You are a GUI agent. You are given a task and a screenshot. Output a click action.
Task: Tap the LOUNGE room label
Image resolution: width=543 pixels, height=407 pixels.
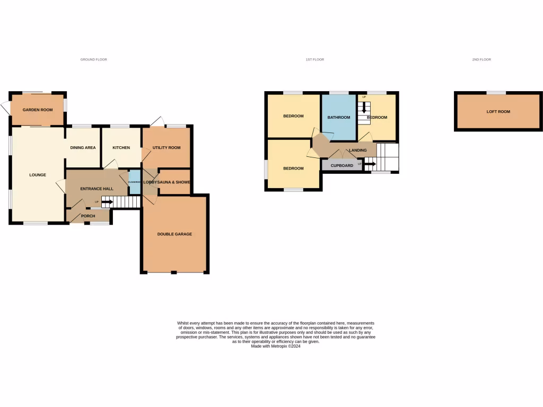pyautogui.click(x=38, y=175)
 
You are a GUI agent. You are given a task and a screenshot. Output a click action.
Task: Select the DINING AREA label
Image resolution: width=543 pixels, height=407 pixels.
pyautogui.click(x=83, y=147)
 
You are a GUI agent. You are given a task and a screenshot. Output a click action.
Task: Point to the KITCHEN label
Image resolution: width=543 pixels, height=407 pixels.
pyautogui.click(x=121, y=147)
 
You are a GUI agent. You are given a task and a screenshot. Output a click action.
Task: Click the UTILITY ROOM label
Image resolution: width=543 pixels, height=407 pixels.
pyautogui.click(x=167, y=147)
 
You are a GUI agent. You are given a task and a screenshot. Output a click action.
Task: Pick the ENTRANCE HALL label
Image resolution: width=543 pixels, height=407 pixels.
pyautogui.click(x=97, y=188)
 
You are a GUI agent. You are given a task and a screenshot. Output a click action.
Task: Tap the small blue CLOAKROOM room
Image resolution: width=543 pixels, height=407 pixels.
pyautogui.click(x=135, y=182)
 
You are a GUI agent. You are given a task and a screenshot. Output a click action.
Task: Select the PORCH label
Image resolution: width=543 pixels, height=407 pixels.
pyautogui.click(x=88, y=216)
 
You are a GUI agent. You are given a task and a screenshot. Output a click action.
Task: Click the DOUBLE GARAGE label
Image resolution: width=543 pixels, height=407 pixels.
pyautogui.click(x=174, y=234)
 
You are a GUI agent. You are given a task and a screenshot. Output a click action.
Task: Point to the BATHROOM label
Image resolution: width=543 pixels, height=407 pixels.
pyautogui.click(x=338, y=117)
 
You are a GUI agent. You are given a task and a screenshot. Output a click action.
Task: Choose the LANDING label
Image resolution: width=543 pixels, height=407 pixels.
pyautogui.click(x=357, y=151)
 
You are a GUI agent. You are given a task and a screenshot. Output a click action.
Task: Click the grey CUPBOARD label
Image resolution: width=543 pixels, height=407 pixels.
pyautogui.click(x=342, y=165)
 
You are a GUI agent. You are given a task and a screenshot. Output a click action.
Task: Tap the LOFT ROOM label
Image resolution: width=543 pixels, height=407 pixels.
pyautogui.click(x=498, y=112)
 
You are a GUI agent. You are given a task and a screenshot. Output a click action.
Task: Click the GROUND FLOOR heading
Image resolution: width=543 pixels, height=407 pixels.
pyautogui.click(x=94, y=60)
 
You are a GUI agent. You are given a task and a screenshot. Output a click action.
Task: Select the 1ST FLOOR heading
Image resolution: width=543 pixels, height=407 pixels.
pyautogui.click(x=314, y=60)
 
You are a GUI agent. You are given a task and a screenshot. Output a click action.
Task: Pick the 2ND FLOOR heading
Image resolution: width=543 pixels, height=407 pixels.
pyautogui.click(x=481, y=60)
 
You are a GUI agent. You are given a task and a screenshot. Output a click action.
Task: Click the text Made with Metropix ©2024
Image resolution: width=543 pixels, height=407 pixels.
pyautogui.click(x=275, y=346)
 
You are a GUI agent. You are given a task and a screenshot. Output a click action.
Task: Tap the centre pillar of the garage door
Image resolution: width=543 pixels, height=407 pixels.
pyautogui.click(x=173, y=272)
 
